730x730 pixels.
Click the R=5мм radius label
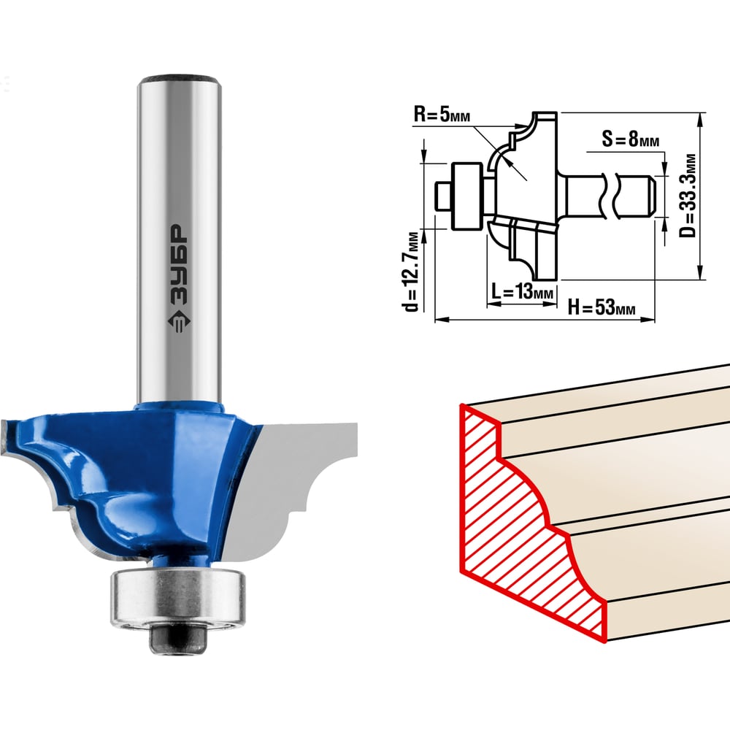click(x=442, y=114)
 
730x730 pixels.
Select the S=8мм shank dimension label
click(x=631, y=139)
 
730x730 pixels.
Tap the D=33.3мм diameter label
click(x=688, y=196)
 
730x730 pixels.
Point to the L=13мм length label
click(x=523, y=292)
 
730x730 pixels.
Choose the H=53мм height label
click(x=601, y=307)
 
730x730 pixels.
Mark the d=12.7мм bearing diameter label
click(x=412, y=271)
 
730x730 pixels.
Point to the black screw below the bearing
click(x=177, y=639)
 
